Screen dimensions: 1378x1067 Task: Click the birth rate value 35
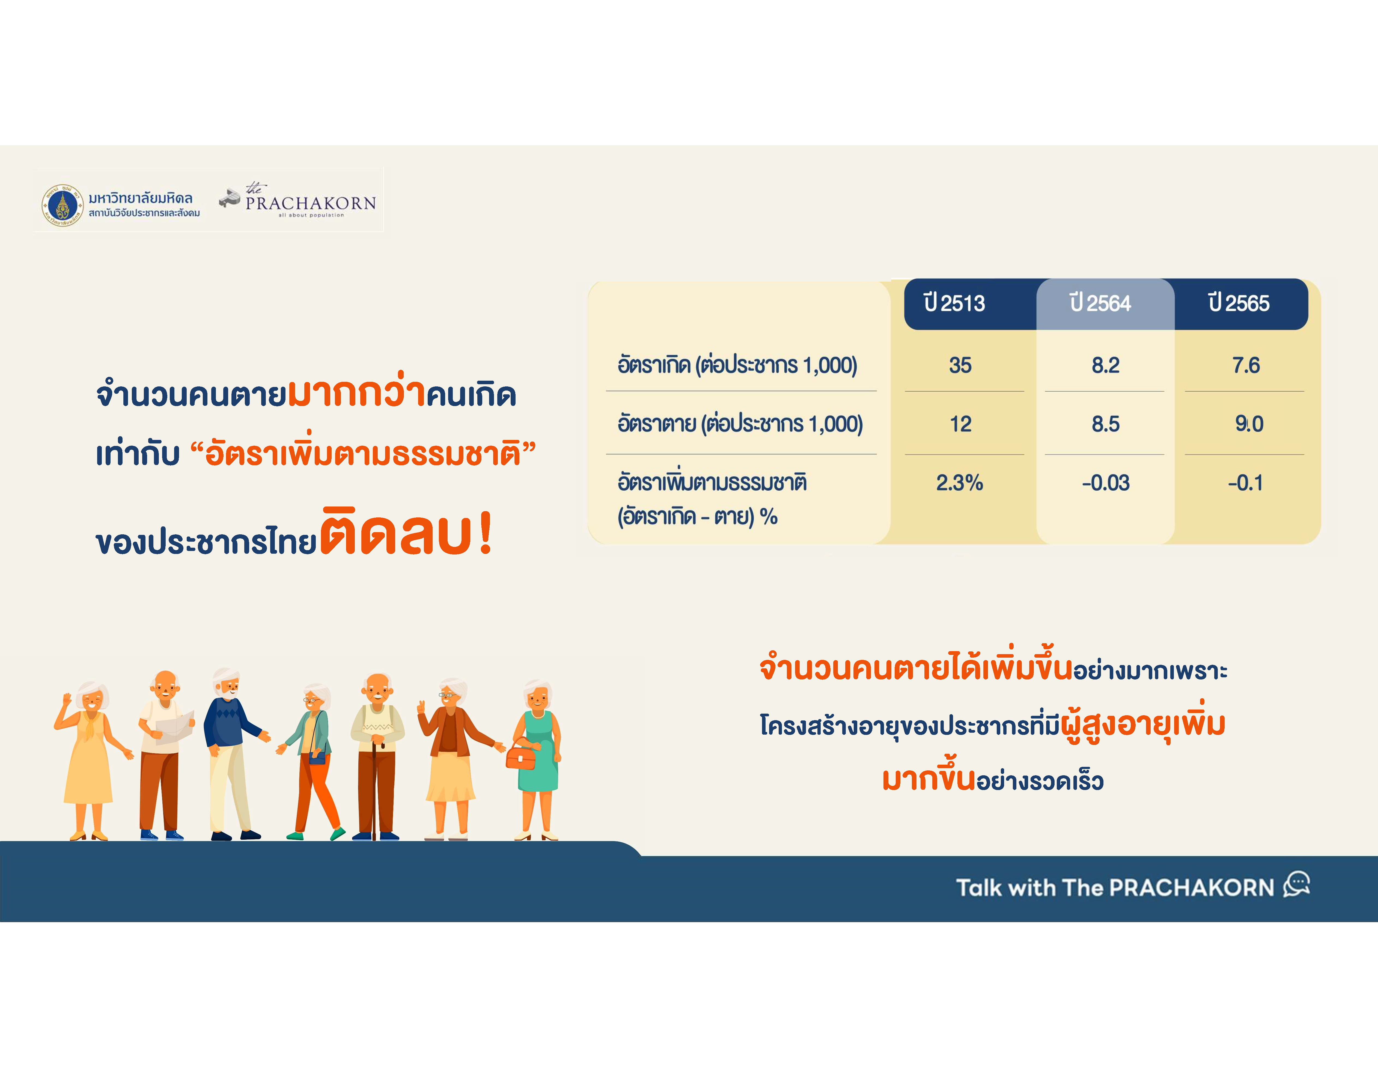[960, 365]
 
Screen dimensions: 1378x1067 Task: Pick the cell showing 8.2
[1105, 365]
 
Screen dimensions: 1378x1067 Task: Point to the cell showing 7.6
[1246, 365]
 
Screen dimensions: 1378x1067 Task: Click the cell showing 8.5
[1105, 424]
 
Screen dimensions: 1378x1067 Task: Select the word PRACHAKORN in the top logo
[310, 203]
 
